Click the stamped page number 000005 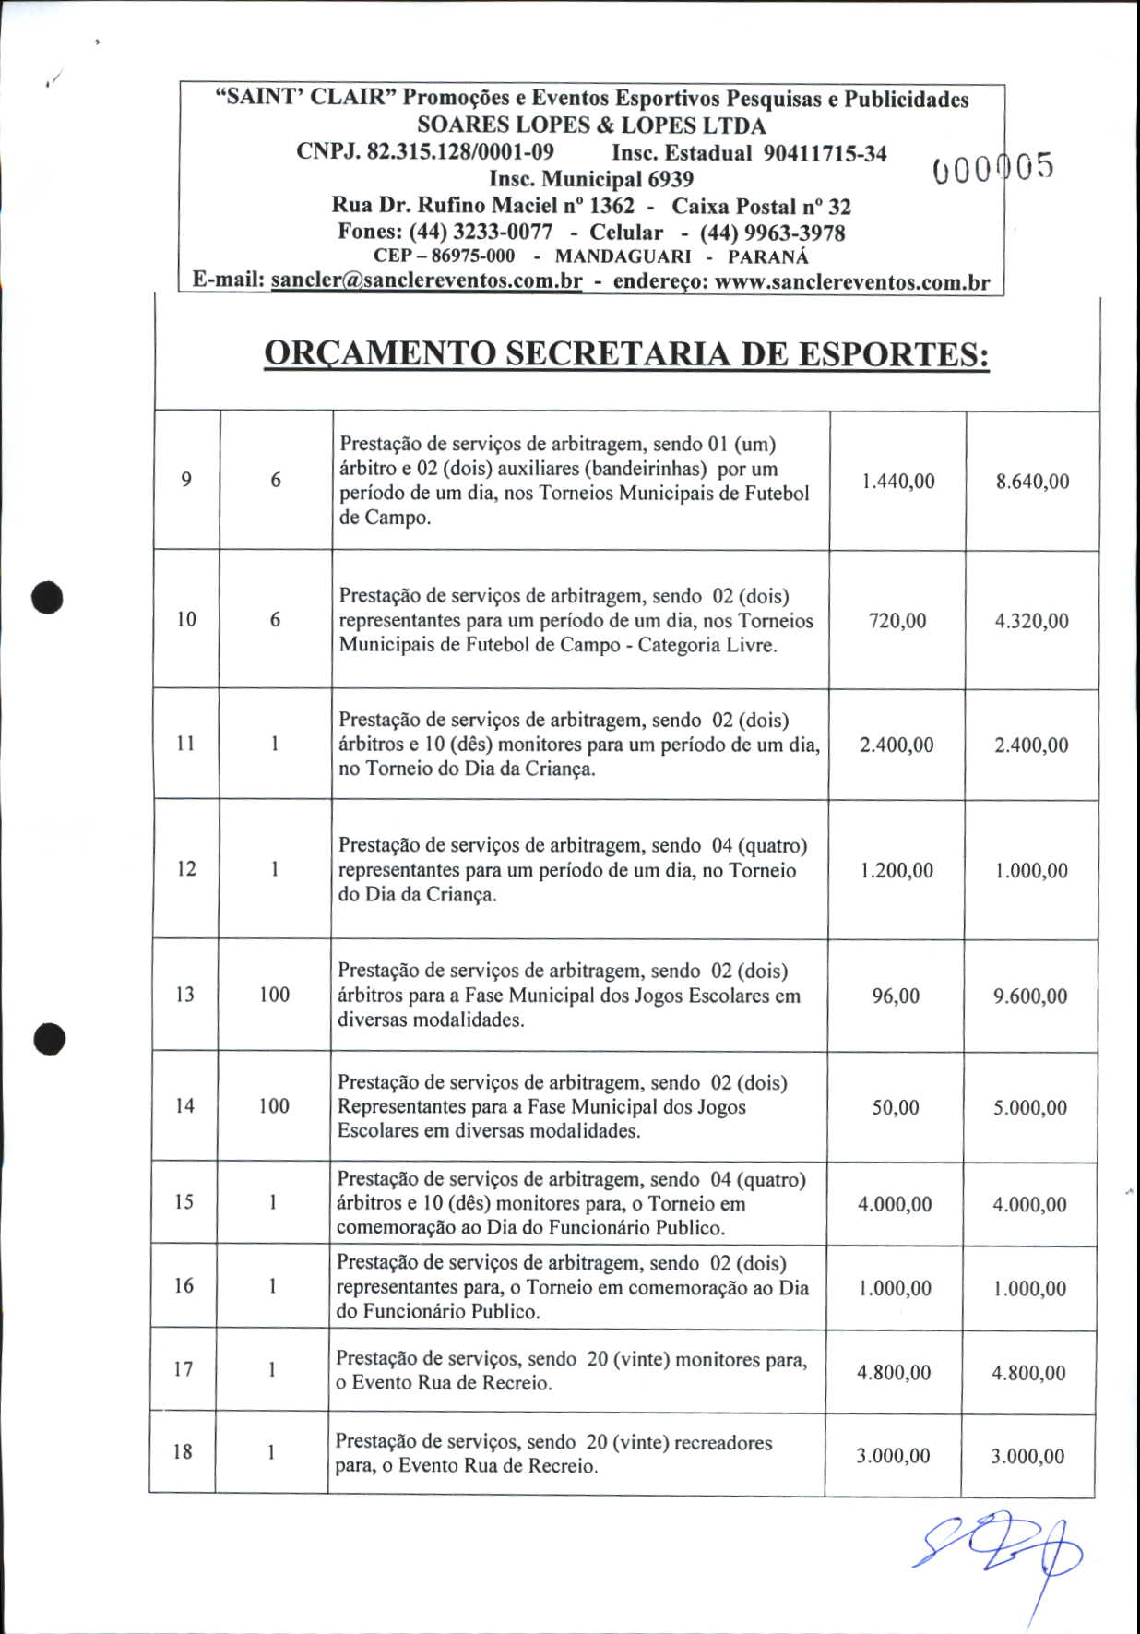[x=992, y=168]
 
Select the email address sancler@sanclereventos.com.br [x=426, y=281]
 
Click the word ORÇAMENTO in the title [x=379, y=354]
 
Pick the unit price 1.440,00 [x=897, y=481]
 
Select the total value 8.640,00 [x=1032, y=481]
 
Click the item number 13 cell [x=184, y=995]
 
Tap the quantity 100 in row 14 [x=274, y=1105]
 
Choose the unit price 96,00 [x=896, y=996]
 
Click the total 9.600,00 [x=1030, y=996]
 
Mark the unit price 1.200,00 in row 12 [x=897, y=870]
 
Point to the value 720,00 [x=897, y=621]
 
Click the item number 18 [x=183, y=1451]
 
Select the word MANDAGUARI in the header [x=623, y=257]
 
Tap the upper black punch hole [x=47, y=596]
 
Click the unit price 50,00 [x=896, y=1107]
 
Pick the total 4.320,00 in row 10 [x=1031, y=621]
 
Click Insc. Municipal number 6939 [x=671, y=179]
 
